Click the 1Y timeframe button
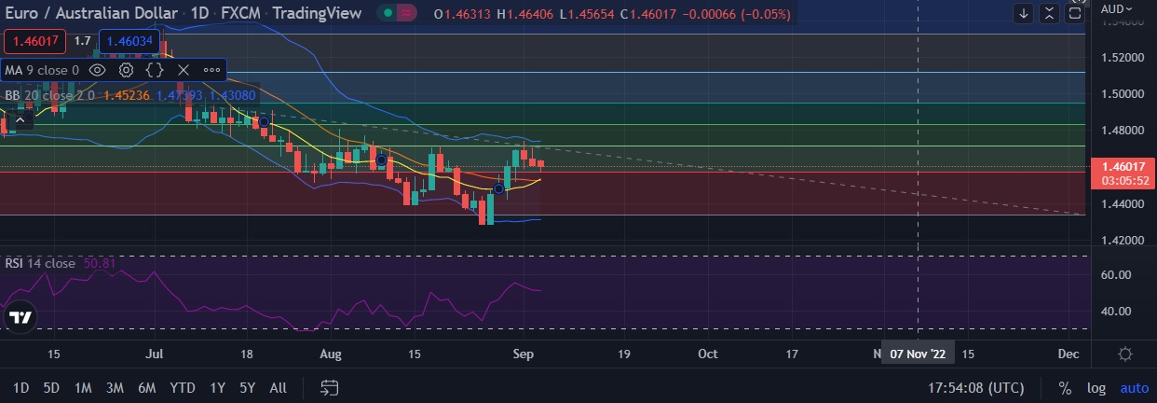point(218,387)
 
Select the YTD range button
point(183,387)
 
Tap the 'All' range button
point(278,387)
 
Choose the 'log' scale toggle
point(1096,387)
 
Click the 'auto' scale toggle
point(1134,387)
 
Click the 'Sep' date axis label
point(524,354)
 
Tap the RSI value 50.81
point(100,263)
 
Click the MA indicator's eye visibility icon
point(97,69)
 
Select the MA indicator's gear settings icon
point(126,69)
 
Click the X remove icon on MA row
point(184,69)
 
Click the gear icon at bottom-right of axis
point(1125,354)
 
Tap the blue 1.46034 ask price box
point(129,41)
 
